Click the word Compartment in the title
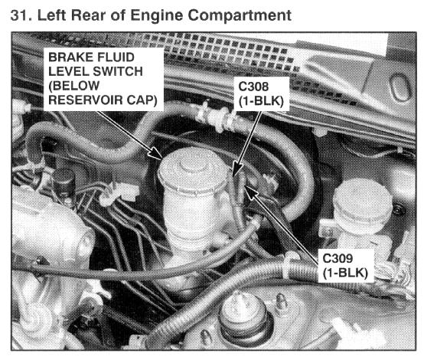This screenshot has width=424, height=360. pyautogui.click(x=240, y=15)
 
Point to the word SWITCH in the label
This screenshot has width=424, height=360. pyautogui.click(x=117, y=71)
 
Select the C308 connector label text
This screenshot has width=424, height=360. pyautogui.click(x=253, y=87)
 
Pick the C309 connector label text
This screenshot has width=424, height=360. pyautogui.click(x=338, y=258)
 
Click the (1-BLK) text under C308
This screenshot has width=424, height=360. pyautogui.click(x=261, y=101)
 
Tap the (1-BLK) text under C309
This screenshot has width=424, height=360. pyautogui.click(x=345, y=273)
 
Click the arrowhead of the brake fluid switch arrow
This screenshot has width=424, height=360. pyautogui.click(x=156, y=153)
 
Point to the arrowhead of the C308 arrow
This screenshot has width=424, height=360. pyautogui.click(x=237, y=169)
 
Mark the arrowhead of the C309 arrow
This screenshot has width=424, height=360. pyautogui.click(x=250, y=191)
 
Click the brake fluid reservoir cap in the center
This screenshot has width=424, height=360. pyautogui.click(x=193, y=171)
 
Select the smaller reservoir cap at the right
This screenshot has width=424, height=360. pyautogui.click(x=362, y=201)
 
